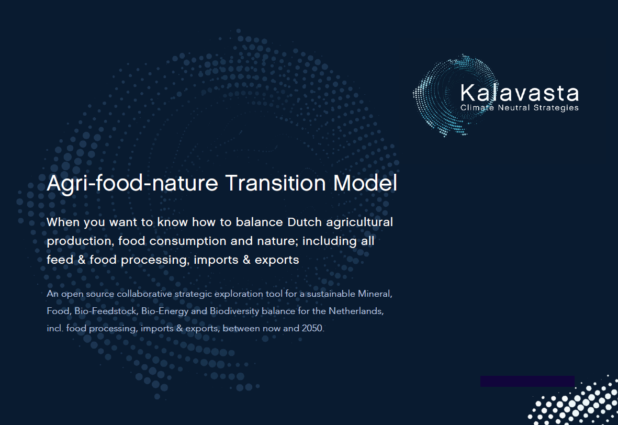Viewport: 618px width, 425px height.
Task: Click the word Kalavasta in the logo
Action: coord(520,94)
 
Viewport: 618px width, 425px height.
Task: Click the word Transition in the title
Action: coord(275,183)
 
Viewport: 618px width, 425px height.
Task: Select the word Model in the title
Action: coord(365,183)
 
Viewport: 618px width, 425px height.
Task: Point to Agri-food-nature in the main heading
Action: coord(132,184)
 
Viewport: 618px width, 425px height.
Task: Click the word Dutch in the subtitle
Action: coord(305,222)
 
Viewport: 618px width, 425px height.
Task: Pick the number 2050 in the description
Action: coord(312,328)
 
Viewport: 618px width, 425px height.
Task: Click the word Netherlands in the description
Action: coord(355,311)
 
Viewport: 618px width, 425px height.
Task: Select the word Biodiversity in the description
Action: coord(234,311)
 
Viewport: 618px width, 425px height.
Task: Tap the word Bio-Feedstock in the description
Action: coord(106,311)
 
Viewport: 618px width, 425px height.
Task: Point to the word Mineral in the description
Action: coord(375,294)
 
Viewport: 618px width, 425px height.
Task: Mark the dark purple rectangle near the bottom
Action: coord(527,381)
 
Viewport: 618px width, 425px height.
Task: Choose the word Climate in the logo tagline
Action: coord(477,108)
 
